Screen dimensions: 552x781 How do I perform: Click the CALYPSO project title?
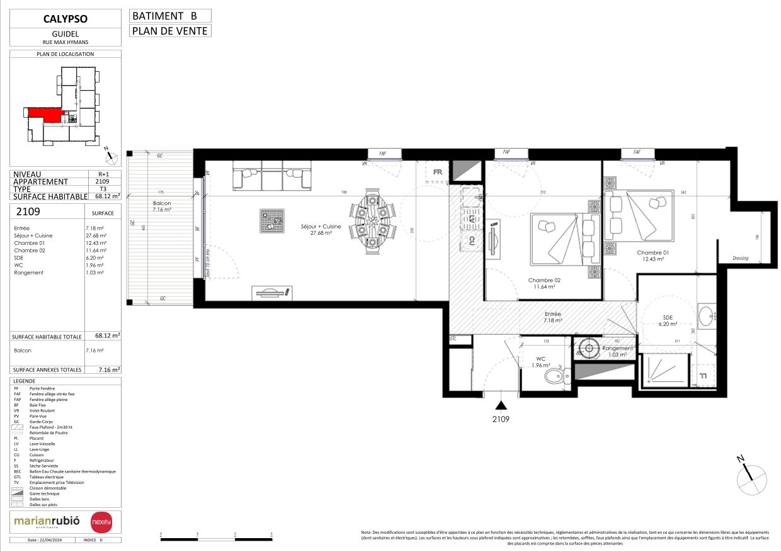click(x=66, y=19)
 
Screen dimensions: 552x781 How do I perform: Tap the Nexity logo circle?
click(x=101, y=522)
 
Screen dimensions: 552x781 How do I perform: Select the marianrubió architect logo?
click(x=47, y=521)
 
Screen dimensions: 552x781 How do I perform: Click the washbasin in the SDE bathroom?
click(x=707, y=315)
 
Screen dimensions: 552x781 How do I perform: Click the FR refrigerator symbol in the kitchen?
click(x=438, y=172)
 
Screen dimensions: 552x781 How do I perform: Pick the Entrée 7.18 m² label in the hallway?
click(x=552, y=317)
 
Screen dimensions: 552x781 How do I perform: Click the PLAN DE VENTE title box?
click(x=169, y=30)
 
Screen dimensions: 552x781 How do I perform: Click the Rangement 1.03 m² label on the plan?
click(x=617, y=351)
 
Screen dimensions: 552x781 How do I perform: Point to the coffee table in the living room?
click(x=271, y=220)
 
